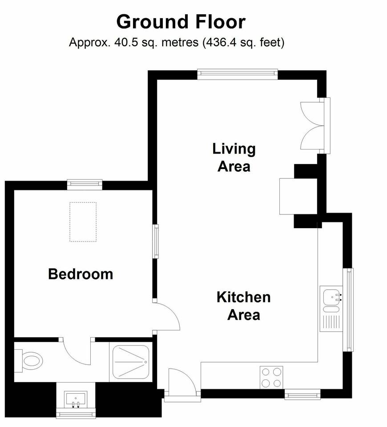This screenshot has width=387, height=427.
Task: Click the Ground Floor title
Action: (181, 22)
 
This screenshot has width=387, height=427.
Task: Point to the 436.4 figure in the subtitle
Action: (220, 43)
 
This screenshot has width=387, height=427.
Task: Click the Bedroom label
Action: (81, 274)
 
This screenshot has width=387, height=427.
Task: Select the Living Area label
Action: (234, 157)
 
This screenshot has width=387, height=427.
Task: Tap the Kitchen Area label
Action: (244, 306)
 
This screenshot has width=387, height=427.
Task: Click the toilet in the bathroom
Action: (29, 361)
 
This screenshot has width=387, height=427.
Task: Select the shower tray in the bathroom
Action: (131, 362)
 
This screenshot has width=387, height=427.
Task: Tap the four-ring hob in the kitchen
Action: (271, 378)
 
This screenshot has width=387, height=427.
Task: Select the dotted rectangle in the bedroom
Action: (83, 222)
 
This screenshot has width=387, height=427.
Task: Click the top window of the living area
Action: (238, 74)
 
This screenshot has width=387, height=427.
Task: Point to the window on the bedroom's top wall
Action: (85, 185)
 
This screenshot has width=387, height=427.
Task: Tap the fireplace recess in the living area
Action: (299, 196)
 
